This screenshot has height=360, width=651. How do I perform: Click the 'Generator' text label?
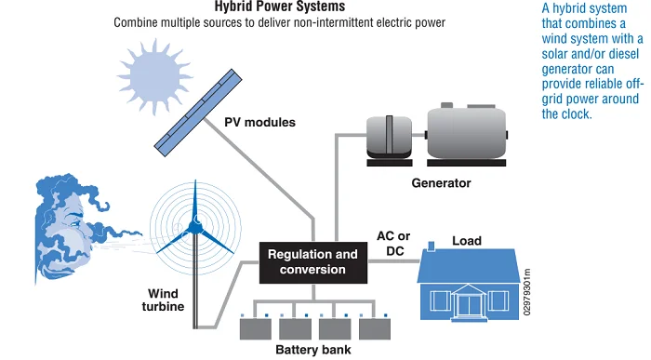click(x=441, y=183)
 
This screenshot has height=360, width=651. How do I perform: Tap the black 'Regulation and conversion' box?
click(x=312, y=261)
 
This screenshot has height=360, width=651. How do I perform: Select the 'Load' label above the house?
click(x=466, y=241)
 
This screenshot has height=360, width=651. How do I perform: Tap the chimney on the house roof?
click(x=431, y=248)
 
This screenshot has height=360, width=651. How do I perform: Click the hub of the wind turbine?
click(x=196, y=225)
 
